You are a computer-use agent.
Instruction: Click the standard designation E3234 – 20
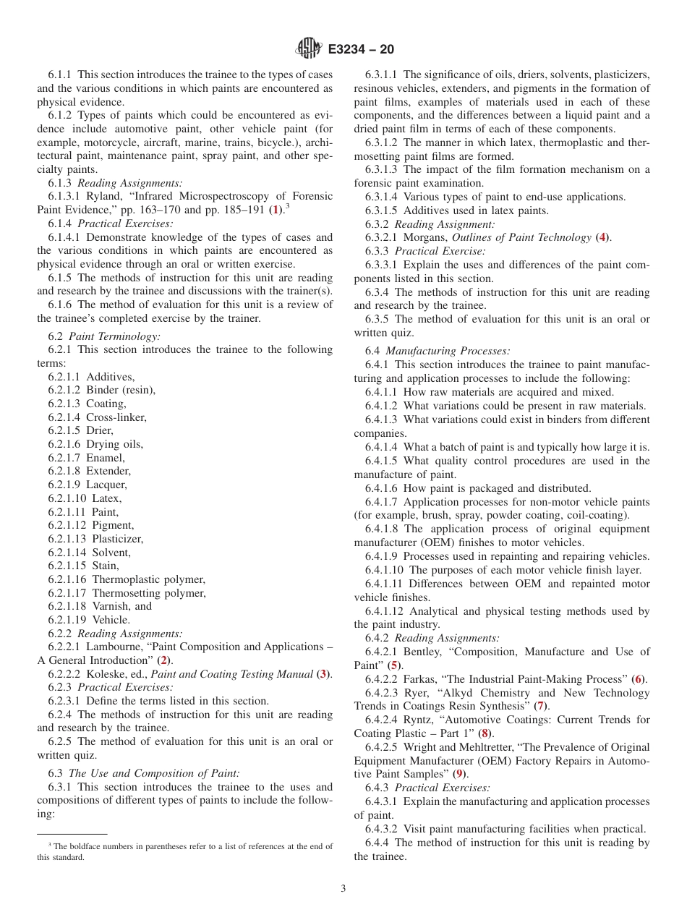[x=360, y=49]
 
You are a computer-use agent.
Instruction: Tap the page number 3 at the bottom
[x=343, y=888]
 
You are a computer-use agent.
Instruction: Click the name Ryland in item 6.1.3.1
[x=102, y=196]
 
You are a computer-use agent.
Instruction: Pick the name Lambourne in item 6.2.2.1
[x=111, y=647]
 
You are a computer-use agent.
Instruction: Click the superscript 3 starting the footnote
[x=50, y=843]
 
